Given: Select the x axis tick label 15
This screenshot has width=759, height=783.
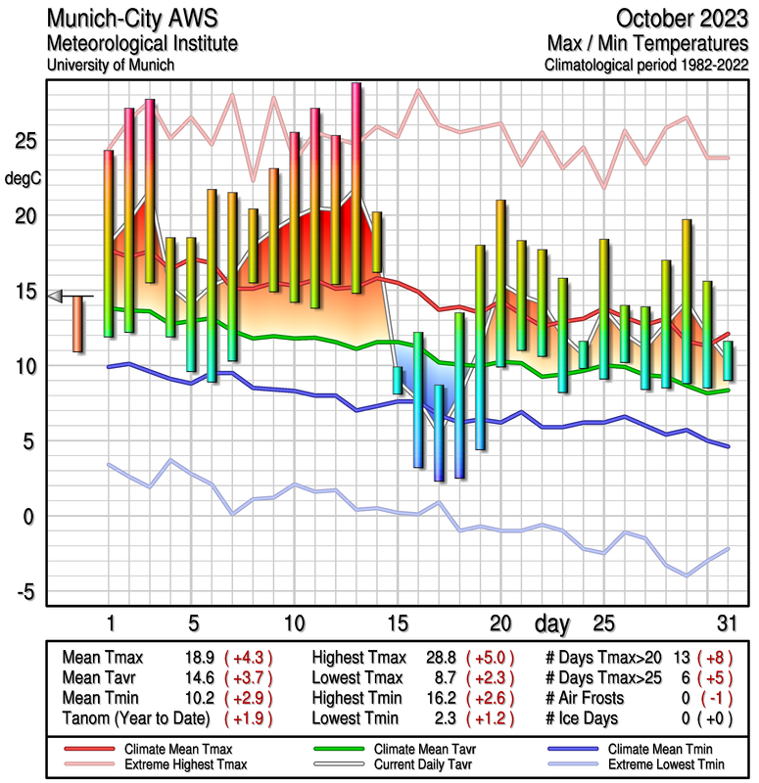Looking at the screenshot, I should click(x=397, y=622).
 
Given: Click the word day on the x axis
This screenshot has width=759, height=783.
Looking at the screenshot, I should click(x=554, y=622).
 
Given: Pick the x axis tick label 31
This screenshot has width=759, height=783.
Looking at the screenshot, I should click(x=727, y=622).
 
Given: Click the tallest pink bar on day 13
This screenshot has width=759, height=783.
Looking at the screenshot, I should click(x=356, y=186).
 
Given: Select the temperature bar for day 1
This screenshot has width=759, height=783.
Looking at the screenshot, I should click(x=109, y=243).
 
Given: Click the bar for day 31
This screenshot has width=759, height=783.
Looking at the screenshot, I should click(x=728, y=360).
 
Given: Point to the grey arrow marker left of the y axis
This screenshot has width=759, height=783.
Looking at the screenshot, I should click(x=56, y=296).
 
